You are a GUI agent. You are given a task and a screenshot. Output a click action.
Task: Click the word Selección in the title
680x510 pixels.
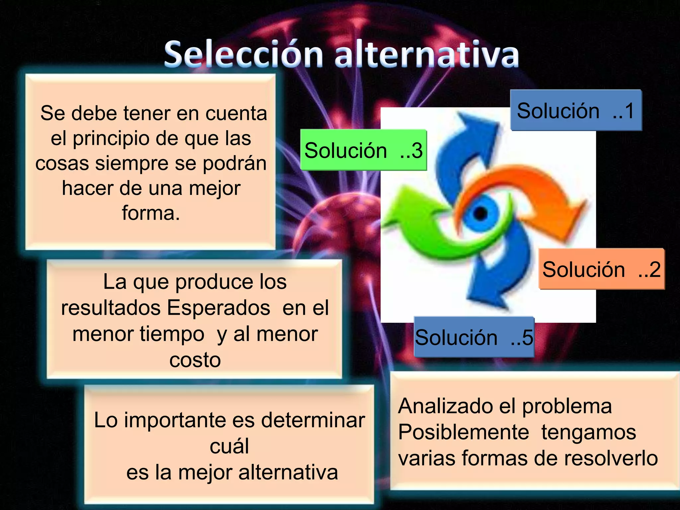[x=243, y=54]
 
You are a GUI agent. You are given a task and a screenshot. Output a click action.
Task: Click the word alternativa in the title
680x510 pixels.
[x=427, y=54]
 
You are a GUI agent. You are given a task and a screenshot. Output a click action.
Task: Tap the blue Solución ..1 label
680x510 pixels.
[x=576, y=110]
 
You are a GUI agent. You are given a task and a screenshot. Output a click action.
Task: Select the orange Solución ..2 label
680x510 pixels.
[x=601, y=269]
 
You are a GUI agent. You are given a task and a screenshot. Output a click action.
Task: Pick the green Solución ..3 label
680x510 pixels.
[x=363, y=150]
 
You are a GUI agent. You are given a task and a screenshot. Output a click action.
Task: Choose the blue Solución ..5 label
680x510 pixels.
[x=474, y=337]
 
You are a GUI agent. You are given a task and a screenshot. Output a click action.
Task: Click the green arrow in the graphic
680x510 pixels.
[x=428, y=229]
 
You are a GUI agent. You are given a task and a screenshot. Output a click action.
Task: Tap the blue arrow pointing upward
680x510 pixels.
[x=465, y=149]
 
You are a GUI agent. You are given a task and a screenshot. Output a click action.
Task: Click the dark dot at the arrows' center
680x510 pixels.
[x=480, y=213]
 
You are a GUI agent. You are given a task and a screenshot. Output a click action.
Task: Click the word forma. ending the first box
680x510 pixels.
[x=151, y=213]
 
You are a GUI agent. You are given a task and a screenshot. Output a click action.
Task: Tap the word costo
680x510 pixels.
[x=195, y=360]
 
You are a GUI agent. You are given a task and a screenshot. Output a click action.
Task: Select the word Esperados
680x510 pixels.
[x=218, y=308]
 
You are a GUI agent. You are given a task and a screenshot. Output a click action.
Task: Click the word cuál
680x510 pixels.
[x=229, y=446]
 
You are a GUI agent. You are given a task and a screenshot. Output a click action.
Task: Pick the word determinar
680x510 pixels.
[x=313, y=420]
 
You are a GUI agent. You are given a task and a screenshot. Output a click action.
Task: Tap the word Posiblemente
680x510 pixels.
[x=464, y=432]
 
